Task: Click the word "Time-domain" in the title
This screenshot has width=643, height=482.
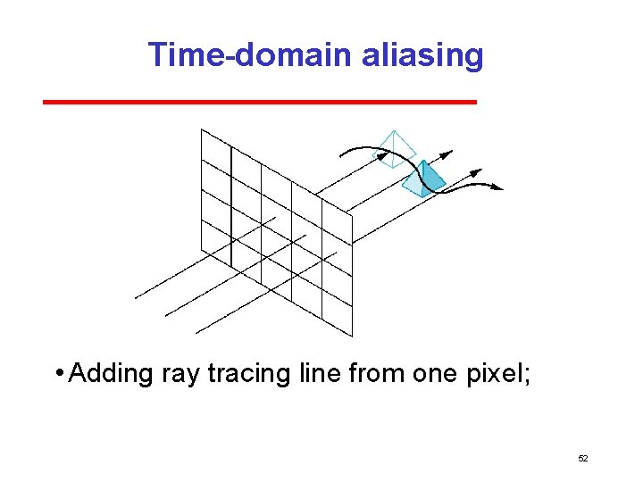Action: tap(252, 55)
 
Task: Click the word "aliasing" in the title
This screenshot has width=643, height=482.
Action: tap(422, 55)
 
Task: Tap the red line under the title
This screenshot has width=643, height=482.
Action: tap(259, 103)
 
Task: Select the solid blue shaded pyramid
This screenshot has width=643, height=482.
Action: tap(424, 179)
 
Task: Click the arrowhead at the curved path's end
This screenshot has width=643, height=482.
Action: tap(497, 187)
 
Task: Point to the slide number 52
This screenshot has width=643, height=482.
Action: tap(583, 458)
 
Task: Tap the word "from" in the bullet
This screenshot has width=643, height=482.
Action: tap(377, 373)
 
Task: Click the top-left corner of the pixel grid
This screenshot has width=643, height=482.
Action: tap(201, 129)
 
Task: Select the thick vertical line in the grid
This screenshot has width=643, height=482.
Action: tap(231, 205)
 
